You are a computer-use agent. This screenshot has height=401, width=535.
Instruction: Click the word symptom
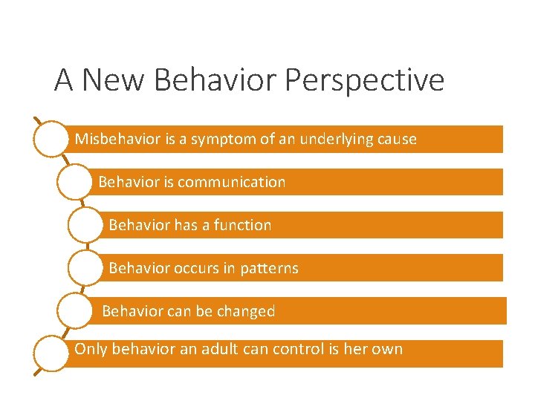[x=218, y=140]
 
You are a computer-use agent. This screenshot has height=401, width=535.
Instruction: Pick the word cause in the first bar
[x=397, y=140]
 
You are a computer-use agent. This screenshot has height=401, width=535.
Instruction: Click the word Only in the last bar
[x=91, y=349]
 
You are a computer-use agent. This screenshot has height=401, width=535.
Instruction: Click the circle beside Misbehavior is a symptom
[x=51, y=139]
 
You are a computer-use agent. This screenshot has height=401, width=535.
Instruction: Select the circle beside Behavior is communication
[x=74, y=182]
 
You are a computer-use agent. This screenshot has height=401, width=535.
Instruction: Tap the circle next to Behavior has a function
[x=85, y=225]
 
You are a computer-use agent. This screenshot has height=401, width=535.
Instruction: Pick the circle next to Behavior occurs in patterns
[x=85, y=268]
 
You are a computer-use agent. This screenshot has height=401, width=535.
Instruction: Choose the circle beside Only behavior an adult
[x=51, y=353]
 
